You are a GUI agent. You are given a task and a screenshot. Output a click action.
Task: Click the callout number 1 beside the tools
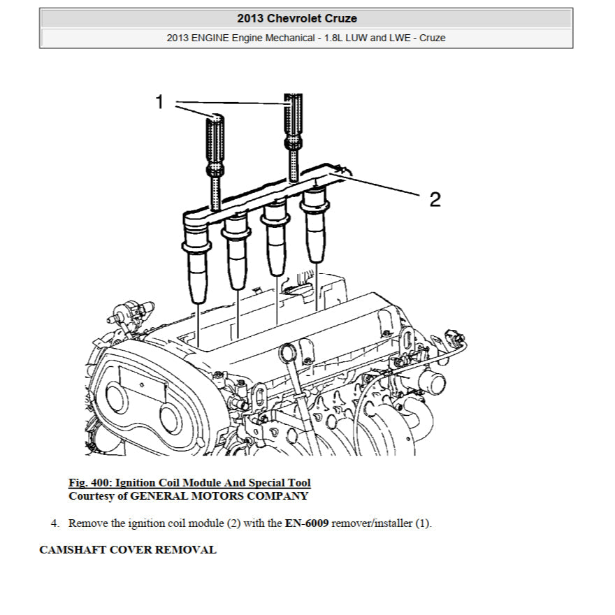(159, 103)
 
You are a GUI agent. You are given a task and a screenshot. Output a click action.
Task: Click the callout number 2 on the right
(435, 200)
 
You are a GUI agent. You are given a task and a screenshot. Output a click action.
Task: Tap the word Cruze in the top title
(341, 18)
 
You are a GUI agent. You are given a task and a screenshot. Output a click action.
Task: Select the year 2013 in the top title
(251, 18)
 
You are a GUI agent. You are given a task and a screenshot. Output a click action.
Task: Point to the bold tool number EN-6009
(307, 523)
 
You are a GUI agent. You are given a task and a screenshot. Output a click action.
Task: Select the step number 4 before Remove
(54, 523)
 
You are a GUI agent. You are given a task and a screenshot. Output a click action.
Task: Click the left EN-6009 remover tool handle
(214, 140)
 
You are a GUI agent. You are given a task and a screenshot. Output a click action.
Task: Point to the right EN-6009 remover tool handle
(293, 115)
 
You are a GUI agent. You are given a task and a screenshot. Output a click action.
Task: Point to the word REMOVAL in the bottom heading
(185, 549)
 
